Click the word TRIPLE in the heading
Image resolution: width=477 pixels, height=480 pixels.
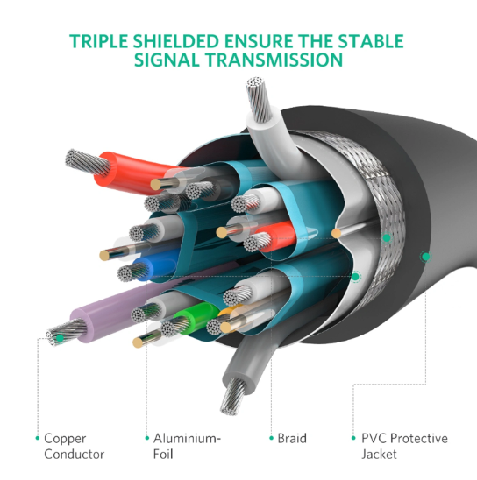(x=98, y=41)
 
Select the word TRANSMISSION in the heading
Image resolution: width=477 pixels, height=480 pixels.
(x=274, y=60)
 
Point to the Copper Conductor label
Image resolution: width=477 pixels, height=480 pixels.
(x=75, y=446)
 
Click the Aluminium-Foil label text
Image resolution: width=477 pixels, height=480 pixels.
(x=187, y=446)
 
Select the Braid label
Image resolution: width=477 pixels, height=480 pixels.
(x=292, y=438)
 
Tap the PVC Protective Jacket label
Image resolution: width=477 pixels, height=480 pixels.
(x=404, y=446)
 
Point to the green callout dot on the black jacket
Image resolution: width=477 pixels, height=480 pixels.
(x=426, y=257)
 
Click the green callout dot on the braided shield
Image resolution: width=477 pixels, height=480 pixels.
(x=387, y=238)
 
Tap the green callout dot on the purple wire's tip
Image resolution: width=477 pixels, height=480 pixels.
(x=60, y=338)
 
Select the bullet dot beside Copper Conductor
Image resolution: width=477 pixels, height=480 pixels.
(x=38, y=438)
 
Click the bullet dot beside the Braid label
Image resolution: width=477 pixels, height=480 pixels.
(x=271, y=438)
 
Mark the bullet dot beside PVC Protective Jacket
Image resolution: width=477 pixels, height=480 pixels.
(x=353, y=438)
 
